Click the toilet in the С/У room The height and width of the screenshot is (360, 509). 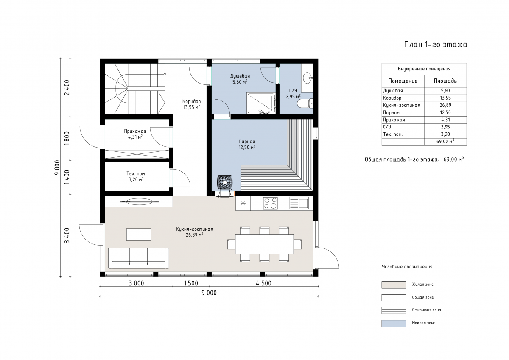305,103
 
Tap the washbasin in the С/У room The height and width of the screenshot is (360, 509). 308,78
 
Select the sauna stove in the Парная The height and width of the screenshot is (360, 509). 225,182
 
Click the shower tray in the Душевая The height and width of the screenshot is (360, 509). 261,103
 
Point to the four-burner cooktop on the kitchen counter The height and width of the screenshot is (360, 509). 270,203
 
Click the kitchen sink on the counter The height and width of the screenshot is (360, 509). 299,203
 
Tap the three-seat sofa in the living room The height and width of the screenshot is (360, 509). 139,258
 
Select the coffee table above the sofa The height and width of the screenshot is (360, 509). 139,234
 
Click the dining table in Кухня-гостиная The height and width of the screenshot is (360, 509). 264,244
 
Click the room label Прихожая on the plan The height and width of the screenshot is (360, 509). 135,131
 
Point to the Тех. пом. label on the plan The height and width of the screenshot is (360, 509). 136,173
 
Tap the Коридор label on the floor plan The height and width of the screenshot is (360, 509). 192,101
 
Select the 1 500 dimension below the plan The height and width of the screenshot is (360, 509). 191,283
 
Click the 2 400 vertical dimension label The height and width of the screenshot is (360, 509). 67,87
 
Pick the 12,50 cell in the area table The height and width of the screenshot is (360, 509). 445,112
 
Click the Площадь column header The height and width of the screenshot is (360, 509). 445,81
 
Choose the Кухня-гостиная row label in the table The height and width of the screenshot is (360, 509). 402,105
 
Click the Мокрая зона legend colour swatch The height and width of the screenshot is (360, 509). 394,323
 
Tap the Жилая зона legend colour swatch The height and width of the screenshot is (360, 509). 394,285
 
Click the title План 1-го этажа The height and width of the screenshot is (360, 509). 435,45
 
